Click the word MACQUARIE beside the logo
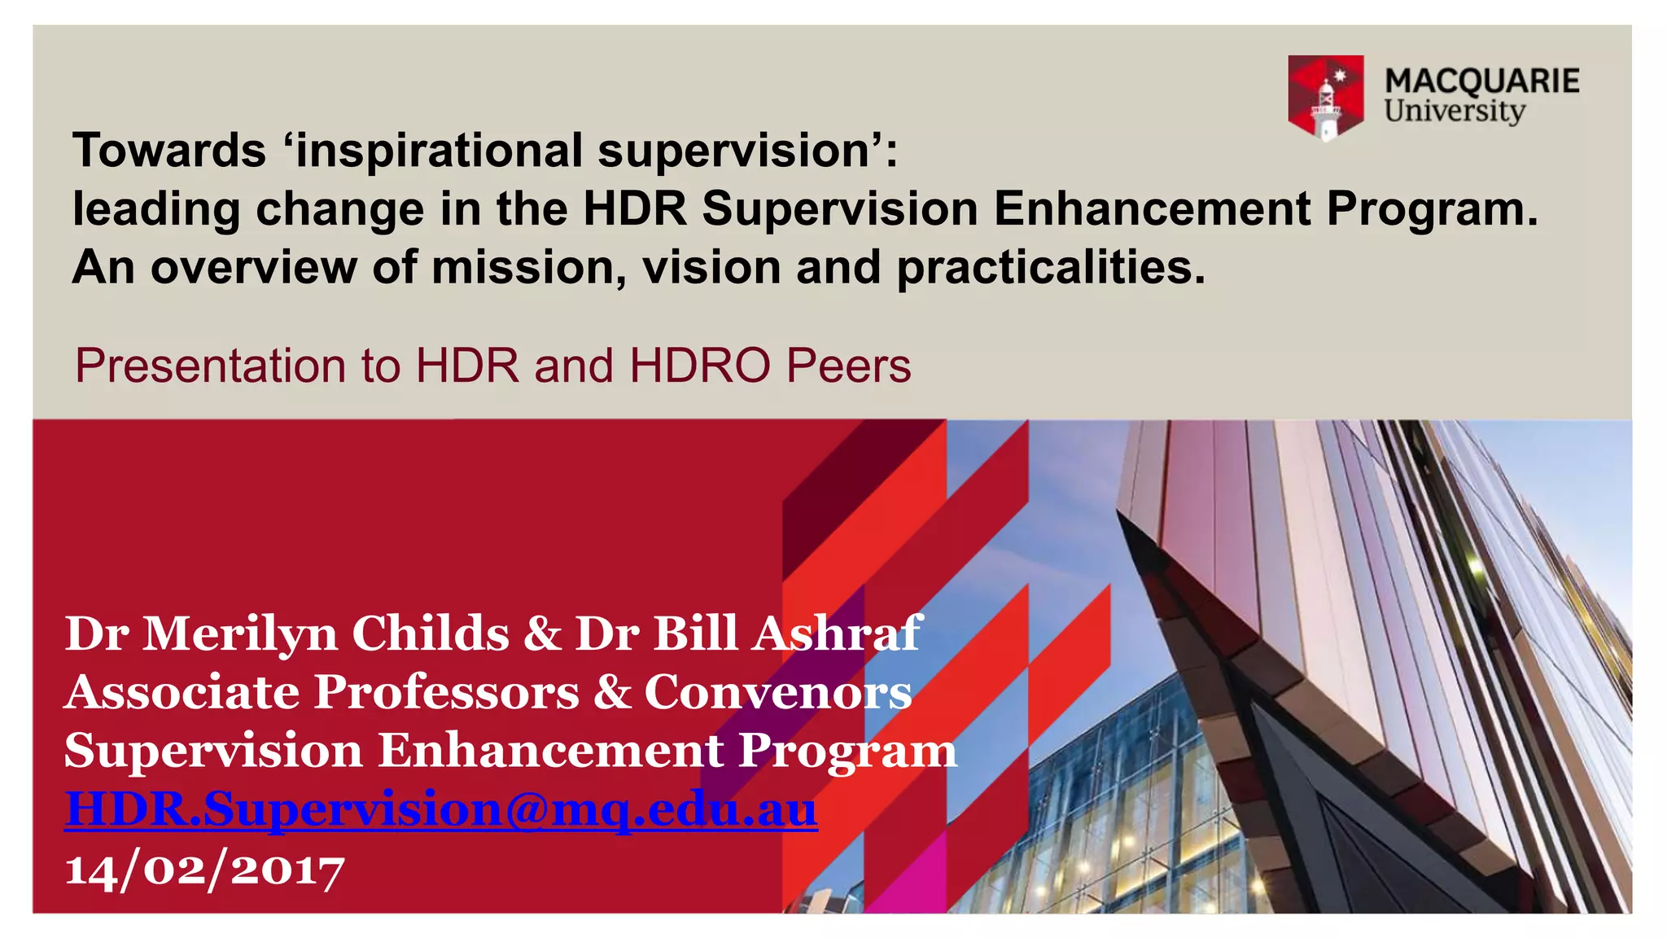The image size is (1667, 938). [1481, 81]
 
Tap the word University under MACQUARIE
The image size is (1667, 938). [1455, 111]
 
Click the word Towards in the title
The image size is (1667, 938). [169, 151]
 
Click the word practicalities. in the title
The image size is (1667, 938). [1050, 268]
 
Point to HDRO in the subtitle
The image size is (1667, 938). [700, 366]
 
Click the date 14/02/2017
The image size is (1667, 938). [204, 870]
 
